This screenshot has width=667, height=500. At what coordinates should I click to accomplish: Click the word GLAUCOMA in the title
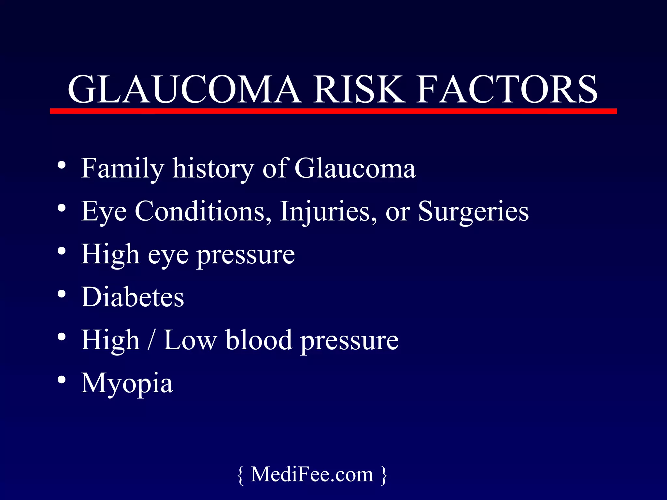(184, 89)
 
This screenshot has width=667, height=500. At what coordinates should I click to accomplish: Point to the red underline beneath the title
(333, 111)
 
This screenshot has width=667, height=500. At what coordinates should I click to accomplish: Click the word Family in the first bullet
(122, 169)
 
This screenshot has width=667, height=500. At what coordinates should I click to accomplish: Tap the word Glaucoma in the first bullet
(355, 169)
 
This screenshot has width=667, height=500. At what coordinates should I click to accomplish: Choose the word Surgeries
(473, 212)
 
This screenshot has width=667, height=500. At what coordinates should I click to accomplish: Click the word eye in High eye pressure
(168, 255)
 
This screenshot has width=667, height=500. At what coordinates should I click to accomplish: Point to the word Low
(190, 340)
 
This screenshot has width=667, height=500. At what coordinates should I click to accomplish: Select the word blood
(259, 340)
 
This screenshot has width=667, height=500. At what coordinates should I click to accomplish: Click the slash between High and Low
(150, 340)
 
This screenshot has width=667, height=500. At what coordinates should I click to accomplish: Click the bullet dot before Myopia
(62, 380)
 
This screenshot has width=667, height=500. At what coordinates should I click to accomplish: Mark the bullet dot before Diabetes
(62, 294)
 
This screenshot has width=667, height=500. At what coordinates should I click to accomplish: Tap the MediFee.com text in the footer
(312, 474)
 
